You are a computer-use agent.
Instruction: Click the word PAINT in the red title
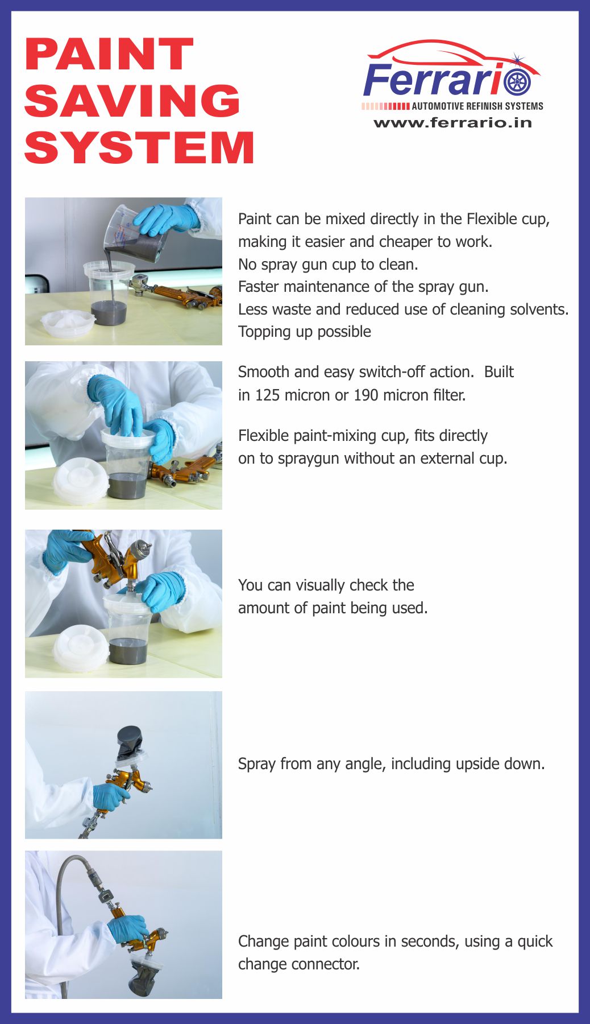click(109, 55)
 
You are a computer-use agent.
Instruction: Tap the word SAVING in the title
click(132, 101)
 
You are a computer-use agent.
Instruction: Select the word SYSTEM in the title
click(139, 147)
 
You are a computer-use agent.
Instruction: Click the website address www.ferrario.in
click(452, 122)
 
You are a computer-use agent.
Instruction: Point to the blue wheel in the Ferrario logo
click(517, 81)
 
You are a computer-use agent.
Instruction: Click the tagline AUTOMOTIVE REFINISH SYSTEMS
click(477, 106)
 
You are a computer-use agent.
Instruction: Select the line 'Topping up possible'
click(305, 332)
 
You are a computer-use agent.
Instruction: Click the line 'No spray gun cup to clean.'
click(328, 265)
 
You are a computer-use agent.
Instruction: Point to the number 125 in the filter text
click(267, 395)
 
